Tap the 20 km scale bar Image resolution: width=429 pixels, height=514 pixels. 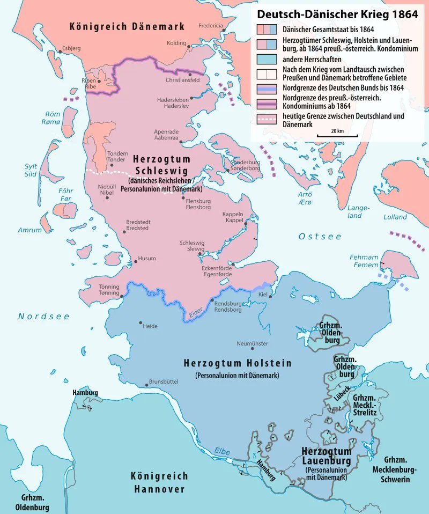tap(337, 136)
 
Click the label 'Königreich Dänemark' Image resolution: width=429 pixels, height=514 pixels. tap(127, 26)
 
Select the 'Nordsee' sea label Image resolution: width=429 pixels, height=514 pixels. tap(44, 317)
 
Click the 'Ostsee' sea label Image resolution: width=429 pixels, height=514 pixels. tap(320, 237)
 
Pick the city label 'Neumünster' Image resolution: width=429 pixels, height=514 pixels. tap(252, 343)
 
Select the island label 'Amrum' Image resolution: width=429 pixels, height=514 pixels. tap(30, 230)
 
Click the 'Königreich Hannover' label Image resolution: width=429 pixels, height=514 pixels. tap(159, 482)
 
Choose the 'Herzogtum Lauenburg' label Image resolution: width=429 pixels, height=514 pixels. tap(326, 456)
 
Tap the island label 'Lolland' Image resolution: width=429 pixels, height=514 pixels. tap(395, 217)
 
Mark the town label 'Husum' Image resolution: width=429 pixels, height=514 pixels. tap(147, 259)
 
